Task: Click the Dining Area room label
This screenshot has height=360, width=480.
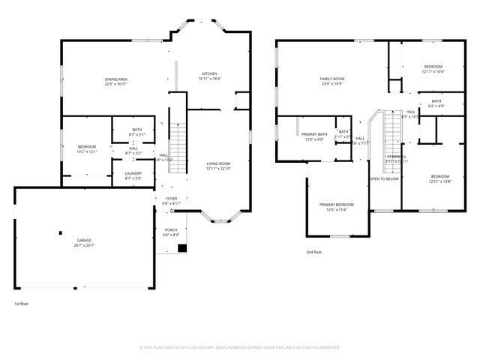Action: (x=115, y=79)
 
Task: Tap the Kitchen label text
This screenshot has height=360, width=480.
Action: (x=208, y=73)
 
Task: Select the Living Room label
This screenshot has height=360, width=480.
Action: (x=219, y=163)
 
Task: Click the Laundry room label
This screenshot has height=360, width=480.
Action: (x=133, y=174)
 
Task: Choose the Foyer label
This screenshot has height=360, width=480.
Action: (x=171, y=199)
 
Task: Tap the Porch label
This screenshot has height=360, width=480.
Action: (x=171, y=229)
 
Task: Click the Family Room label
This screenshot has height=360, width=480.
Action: (x=331, y=79)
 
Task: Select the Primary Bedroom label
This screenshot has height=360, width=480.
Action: (x=336, y=205)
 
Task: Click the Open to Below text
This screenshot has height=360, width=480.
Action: (x=383, y=179)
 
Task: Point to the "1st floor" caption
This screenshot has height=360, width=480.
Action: (x=21, y=304)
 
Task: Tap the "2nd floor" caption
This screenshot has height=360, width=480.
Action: (x=314, y=252)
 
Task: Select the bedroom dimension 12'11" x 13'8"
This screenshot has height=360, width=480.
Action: (x=439, y=181)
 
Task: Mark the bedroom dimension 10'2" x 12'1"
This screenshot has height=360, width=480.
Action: (x=88, y=151)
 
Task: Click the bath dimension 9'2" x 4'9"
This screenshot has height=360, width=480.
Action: (x=436, y=106)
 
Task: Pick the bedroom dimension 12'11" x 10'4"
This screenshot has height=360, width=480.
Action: (x=433, y=71)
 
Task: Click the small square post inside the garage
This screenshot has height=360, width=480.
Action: (x=60, y=234)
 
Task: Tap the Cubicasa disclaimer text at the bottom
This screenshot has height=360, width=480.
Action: (x=240, y=347)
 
